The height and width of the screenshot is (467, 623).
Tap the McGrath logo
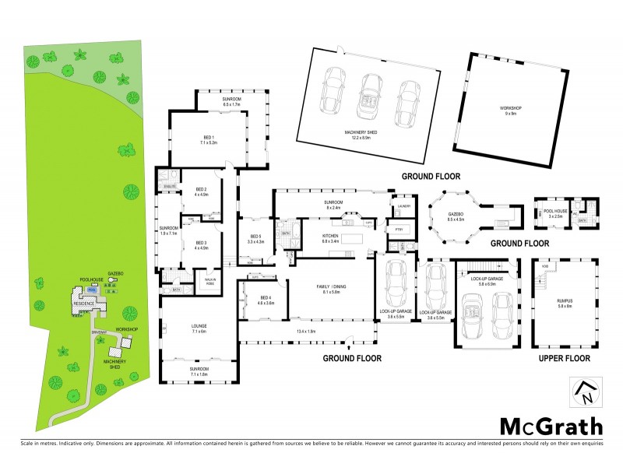coord(550,426)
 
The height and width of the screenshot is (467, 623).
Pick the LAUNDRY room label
coord(403,206)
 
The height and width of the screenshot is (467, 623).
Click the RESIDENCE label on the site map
coord(84,303)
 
